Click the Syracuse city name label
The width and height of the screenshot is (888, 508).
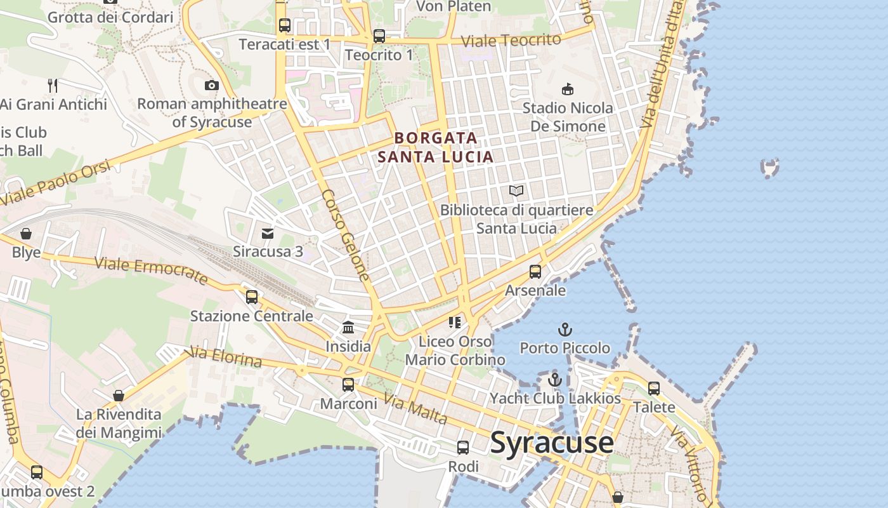(551, 443)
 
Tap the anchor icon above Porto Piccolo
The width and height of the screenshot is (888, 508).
(565, 330)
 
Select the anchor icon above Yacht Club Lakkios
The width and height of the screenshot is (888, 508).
(555, 380)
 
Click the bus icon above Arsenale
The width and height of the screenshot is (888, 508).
(535, 272)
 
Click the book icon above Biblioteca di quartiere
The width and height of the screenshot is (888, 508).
(517, 191)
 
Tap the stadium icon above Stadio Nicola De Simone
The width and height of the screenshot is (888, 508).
(568, 90)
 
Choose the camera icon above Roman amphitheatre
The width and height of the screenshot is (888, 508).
(212, 85)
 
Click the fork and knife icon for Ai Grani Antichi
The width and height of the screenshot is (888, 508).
(53, 85)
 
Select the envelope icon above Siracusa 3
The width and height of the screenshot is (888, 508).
(268, 233)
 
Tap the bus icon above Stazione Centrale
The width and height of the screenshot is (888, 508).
(252, 297)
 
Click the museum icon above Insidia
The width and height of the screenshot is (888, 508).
(348, 328)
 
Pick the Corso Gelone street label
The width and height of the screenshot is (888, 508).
(345, 235)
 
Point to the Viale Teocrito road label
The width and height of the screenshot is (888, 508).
(511, 41)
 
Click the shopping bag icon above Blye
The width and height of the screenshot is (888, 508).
(26, 234)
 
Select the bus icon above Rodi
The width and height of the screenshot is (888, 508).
(463, 448)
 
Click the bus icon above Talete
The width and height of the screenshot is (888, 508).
(654, 388)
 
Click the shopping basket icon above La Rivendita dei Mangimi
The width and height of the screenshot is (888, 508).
(119, 396)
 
